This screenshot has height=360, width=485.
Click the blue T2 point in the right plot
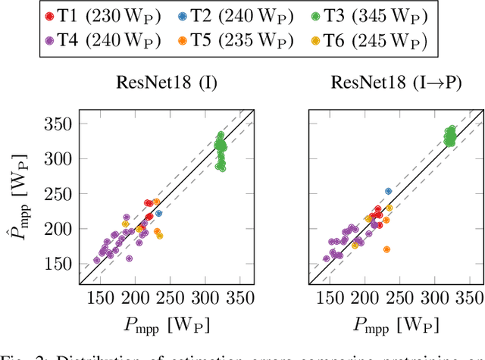click(x=389, y=192)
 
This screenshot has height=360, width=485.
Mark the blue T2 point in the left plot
click(x=159, y=213)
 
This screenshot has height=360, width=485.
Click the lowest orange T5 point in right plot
click(x=386, y=249)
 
